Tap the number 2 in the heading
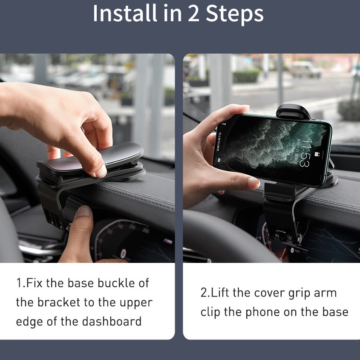tap(193, 13)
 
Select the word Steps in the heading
tap(235, 14)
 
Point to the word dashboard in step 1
tap(112, 321)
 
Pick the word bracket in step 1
tap(59, 302)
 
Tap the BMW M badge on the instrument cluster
tap(168, 241)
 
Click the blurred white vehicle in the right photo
tap(305, 69)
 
